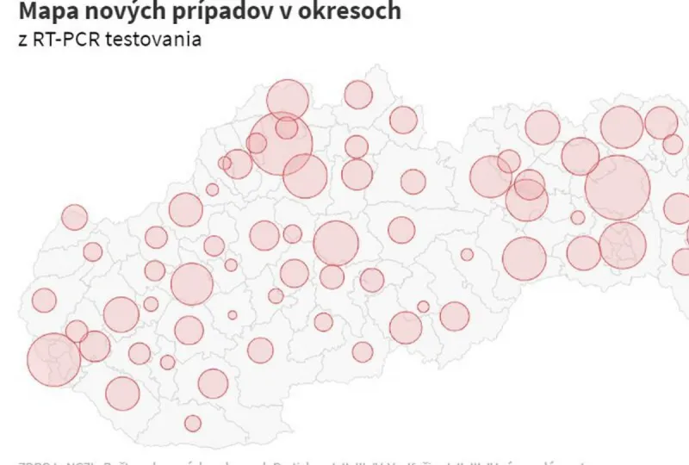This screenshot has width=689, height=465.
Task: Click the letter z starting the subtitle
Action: pyautogui.click(x=22, y=40)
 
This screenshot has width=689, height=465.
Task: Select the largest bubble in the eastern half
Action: pyautogui.click(x=617, y=188)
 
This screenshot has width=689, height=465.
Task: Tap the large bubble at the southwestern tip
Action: pyautogui.click(x=53, y=360)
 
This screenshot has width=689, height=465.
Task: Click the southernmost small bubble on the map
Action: pyautogui.click(x=193, y=423)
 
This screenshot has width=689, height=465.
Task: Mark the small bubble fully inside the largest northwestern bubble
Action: pyautogui.click(x=287, y=128)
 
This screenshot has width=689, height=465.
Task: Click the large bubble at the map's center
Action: pyautogui.click(x=336, y=243)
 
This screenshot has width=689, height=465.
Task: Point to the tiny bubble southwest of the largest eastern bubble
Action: pyautogui.click(x=578, y=218)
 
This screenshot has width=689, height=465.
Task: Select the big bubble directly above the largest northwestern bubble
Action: pyautogui.click(x=288, y=99)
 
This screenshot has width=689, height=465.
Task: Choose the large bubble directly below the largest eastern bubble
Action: pyautogui.click(x=622, y=245)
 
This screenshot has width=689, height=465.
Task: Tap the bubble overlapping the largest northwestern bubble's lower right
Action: pyautogui.click(x=305, y=177)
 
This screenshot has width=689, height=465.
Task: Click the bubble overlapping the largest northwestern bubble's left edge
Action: pyautogui.click(x=257, y=143)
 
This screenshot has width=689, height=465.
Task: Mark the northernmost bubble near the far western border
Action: pyautogui.click(x=75, y=217)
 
